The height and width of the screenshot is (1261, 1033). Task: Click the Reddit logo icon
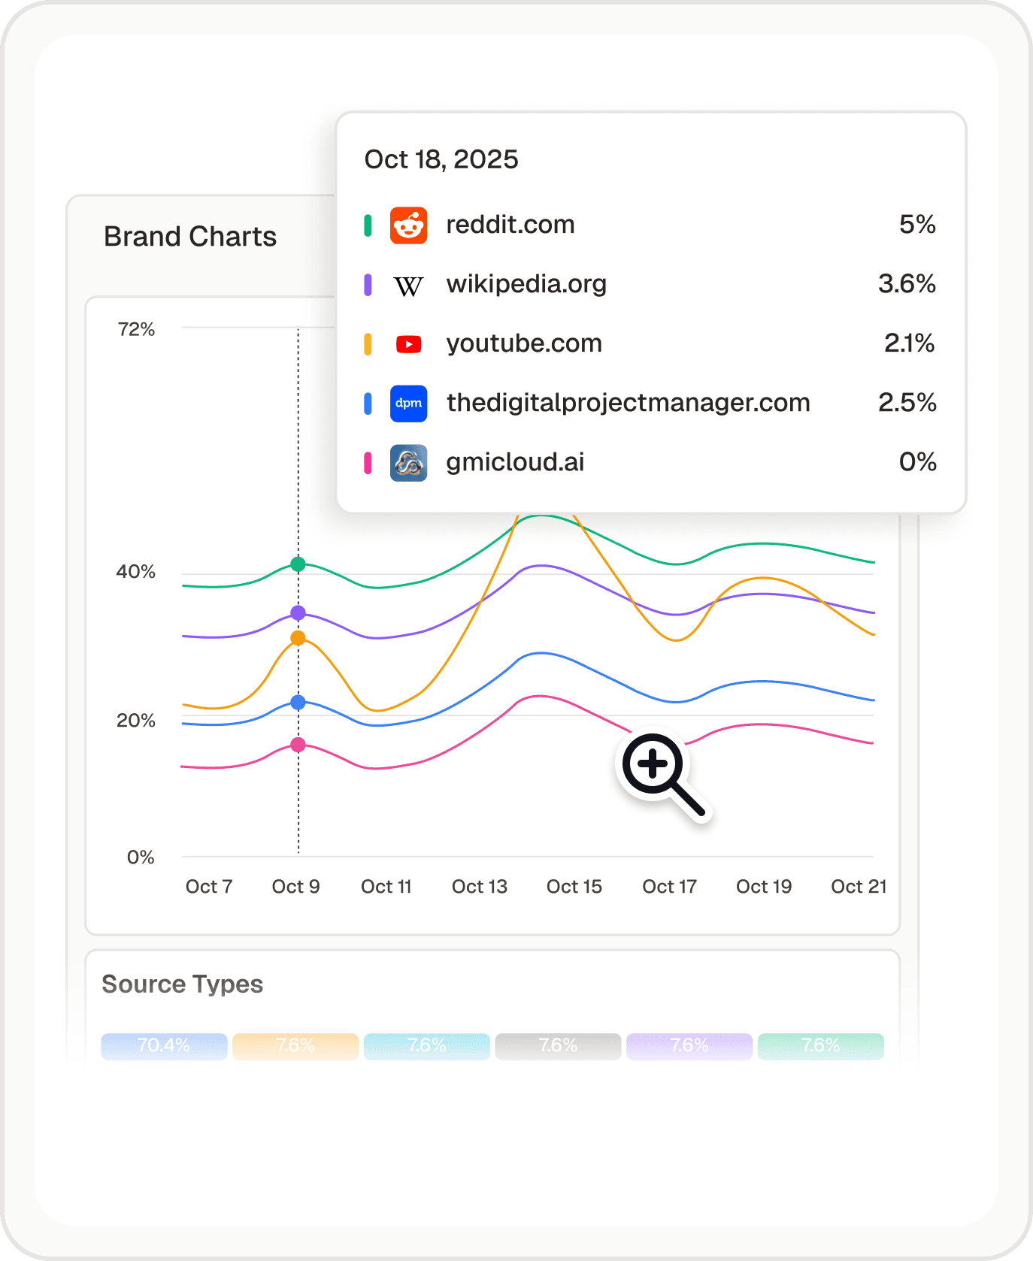(x=408, y=225)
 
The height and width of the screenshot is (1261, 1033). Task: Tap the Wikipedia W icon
(x=408, y=286)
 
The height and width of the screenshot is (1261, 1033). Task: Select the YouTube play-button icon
(x=408, y=344)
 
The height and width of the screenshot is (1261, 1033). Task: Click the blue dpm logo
(x=408, y=404)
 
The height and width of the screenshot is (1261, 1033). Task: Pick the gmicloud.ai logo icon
(x=408, y=463)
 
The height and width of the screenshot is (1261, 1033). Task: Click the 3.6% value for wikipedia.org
(x=907, y=284)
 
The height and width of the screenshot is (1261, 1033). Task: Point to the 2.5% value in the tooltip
(x=907, y=403)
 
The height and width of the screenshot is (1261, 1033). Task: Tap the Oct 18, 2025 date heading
(x=441, y=159)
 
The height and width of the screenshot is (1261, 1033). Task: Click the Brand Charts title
(x=190, y=237)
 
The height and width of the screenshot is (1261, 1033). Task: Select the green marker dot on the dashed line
(x=298, y=564)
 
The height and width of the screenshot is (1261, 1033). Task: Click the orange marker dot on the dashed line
(x=298, y=638)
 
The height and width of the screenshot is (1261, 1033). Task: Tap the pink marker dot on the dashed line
(x=298, y=745)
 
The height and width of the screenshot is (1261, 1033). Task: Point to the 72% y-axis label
(x=136, y=329)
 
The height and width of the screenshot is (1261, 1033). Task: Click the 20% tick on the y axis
(x=136, y=721)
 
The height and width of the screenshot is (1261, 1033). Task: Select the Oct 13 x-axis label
(x=479, y=887)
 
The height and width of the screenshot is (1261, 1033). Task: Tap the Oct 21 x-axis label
(x=858, y=887)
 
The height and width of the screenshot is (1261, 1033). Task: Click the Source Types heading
(x=183, y=984)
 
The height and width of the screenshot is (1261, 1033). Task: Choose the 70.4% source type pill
(x=164, y=1046)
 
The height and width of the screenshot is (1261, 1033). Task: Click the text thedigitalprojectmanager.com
(x=628, y=403)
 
